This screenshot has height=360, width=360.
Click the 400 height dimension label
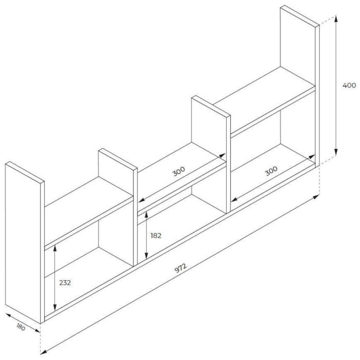pos(349,85)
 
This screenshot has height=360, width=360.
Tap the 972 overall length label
pos(181,268)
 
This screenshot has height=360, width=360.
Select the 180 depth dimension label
pos(21,327)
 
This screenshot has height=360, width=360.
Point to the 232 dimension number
pos(65,283)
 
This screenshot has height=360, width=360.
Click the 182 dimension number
pos(156,236)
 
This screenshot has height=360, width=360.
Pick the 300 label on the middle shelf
pos(178,171)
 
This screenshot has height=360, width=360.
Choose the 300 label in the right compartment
pos(271,171)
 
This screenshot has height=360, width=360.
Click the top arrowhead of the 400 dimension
pos(336,19)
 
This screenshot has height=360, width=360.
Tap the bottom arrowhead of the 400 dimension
pos(336,152)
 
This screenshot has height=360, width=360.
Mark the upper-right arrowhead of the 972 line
pos(316,197)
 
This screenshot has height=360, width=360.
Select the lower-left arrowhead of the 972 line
pos(44,352)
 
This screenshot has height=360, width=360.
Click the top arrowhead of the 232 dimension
pos(55,248)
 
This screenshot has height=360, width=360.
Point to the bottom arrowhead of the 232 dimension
pos(55,308)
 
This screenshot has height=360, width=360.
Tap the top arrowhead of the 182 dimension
pos(146,215)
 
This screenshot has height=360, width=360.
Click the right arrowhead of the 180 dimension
pos(37,330)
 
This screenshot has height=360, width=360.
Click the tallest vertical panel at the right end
pos(300,85)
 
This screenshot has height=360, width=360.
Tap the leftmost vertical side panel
pos(25,242)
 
